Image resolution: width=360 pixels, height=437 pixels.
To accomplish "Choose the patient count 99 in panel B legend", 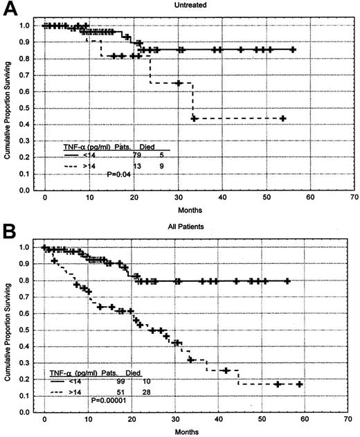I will pos(108,382).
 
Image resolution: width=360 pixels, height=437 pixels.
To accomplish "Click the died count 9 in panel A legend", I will pos(160,166).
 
